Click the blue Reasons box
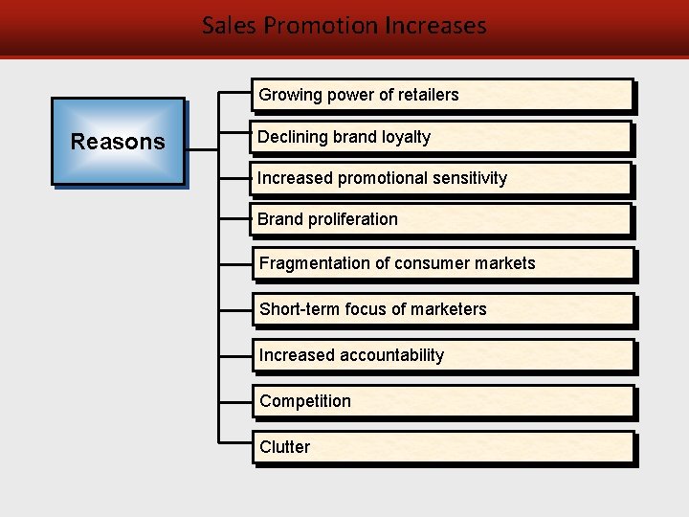point(118,142)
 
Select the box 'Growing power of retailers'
point(442,95)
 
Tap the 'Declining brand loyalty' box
point(442,137)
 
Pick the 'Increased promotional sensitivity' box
point(442,178)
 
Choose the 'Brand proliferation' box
point(442,219)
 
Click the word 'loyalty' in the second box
point(406,137)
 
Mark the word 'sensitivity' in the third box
point(471,178)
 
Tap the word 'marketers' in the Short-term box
point(451,309)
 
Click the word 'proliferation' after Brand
point(352,219)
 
